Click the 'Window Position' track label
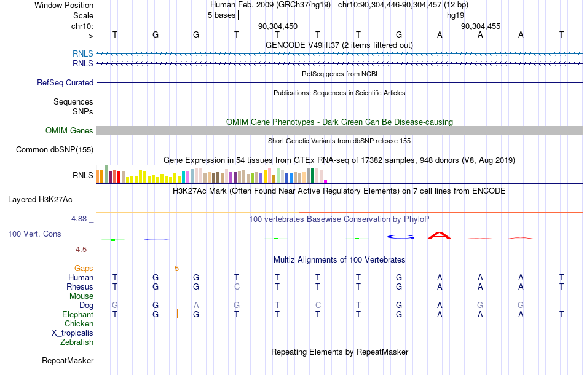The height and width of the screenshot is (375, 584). click(64, 5)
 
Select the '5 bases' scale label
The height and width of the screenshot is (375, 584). click(221, 15)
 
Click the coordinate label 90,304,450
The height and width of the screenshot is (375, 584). click(278, 26)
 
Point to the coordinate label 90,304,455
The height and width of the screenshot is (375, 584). click(481, 26)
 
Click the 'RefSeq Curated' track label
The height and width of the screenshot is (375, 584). click(65, 82)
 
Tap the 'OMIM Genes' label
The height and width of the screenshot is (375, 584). click(69, 131)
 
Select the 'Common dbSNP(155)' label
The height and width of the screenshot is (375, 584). click(55, 150)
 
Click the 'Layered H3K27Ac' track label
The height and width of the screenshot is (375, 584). click(40, 200)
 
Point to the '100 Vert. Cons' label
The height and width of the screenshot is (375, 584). click(34, 234)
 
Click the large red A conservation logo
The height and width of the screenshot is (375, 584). click(440, 235)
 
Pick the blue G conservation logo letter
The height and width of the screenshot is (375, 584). click(400, 237)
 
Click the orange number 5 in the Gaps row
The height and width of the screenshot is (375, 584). click(176, 269)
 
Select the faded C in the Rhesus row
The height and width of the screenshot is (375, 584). click(237, 286)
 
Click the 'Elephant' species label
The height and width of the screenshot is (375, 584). click(78, 315)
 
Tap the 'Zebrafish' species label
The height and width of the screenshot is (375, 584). click(77, 342)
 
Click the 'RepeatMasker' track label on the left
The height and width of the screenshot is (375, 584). click(68, 360)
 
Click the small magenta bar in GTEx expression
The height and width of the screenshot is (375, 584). click(326, 181)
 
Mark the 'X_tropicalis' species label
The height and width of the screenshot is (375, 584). click(73, 333)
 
